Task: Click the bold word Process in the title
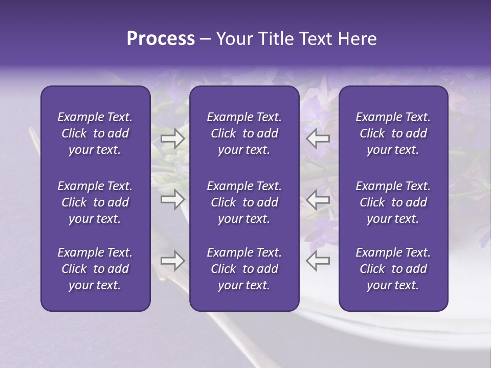point(161,39)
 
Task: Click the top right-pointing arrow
point(172,139)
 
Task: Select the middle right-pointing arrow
point(172,199)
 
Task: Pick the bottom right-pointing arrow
point(172,261)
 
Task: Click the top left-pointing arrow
point(318,139)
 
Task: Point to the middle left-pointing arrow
point(318,199)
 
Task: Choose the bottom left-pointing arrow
point(318,261)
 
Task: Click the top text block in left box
point(95,133)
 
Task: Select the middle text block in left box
point(95,202)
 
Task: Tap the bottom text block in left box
point(95,269)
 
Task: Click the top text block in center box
point(244,133)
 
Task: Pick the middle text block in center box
point(244,202)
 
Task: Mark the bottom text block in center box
point(244,269)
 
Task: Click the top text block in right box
point(393,133)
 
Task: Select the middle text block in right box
point(393,202)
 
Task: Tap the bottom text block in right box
point(393,269)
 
